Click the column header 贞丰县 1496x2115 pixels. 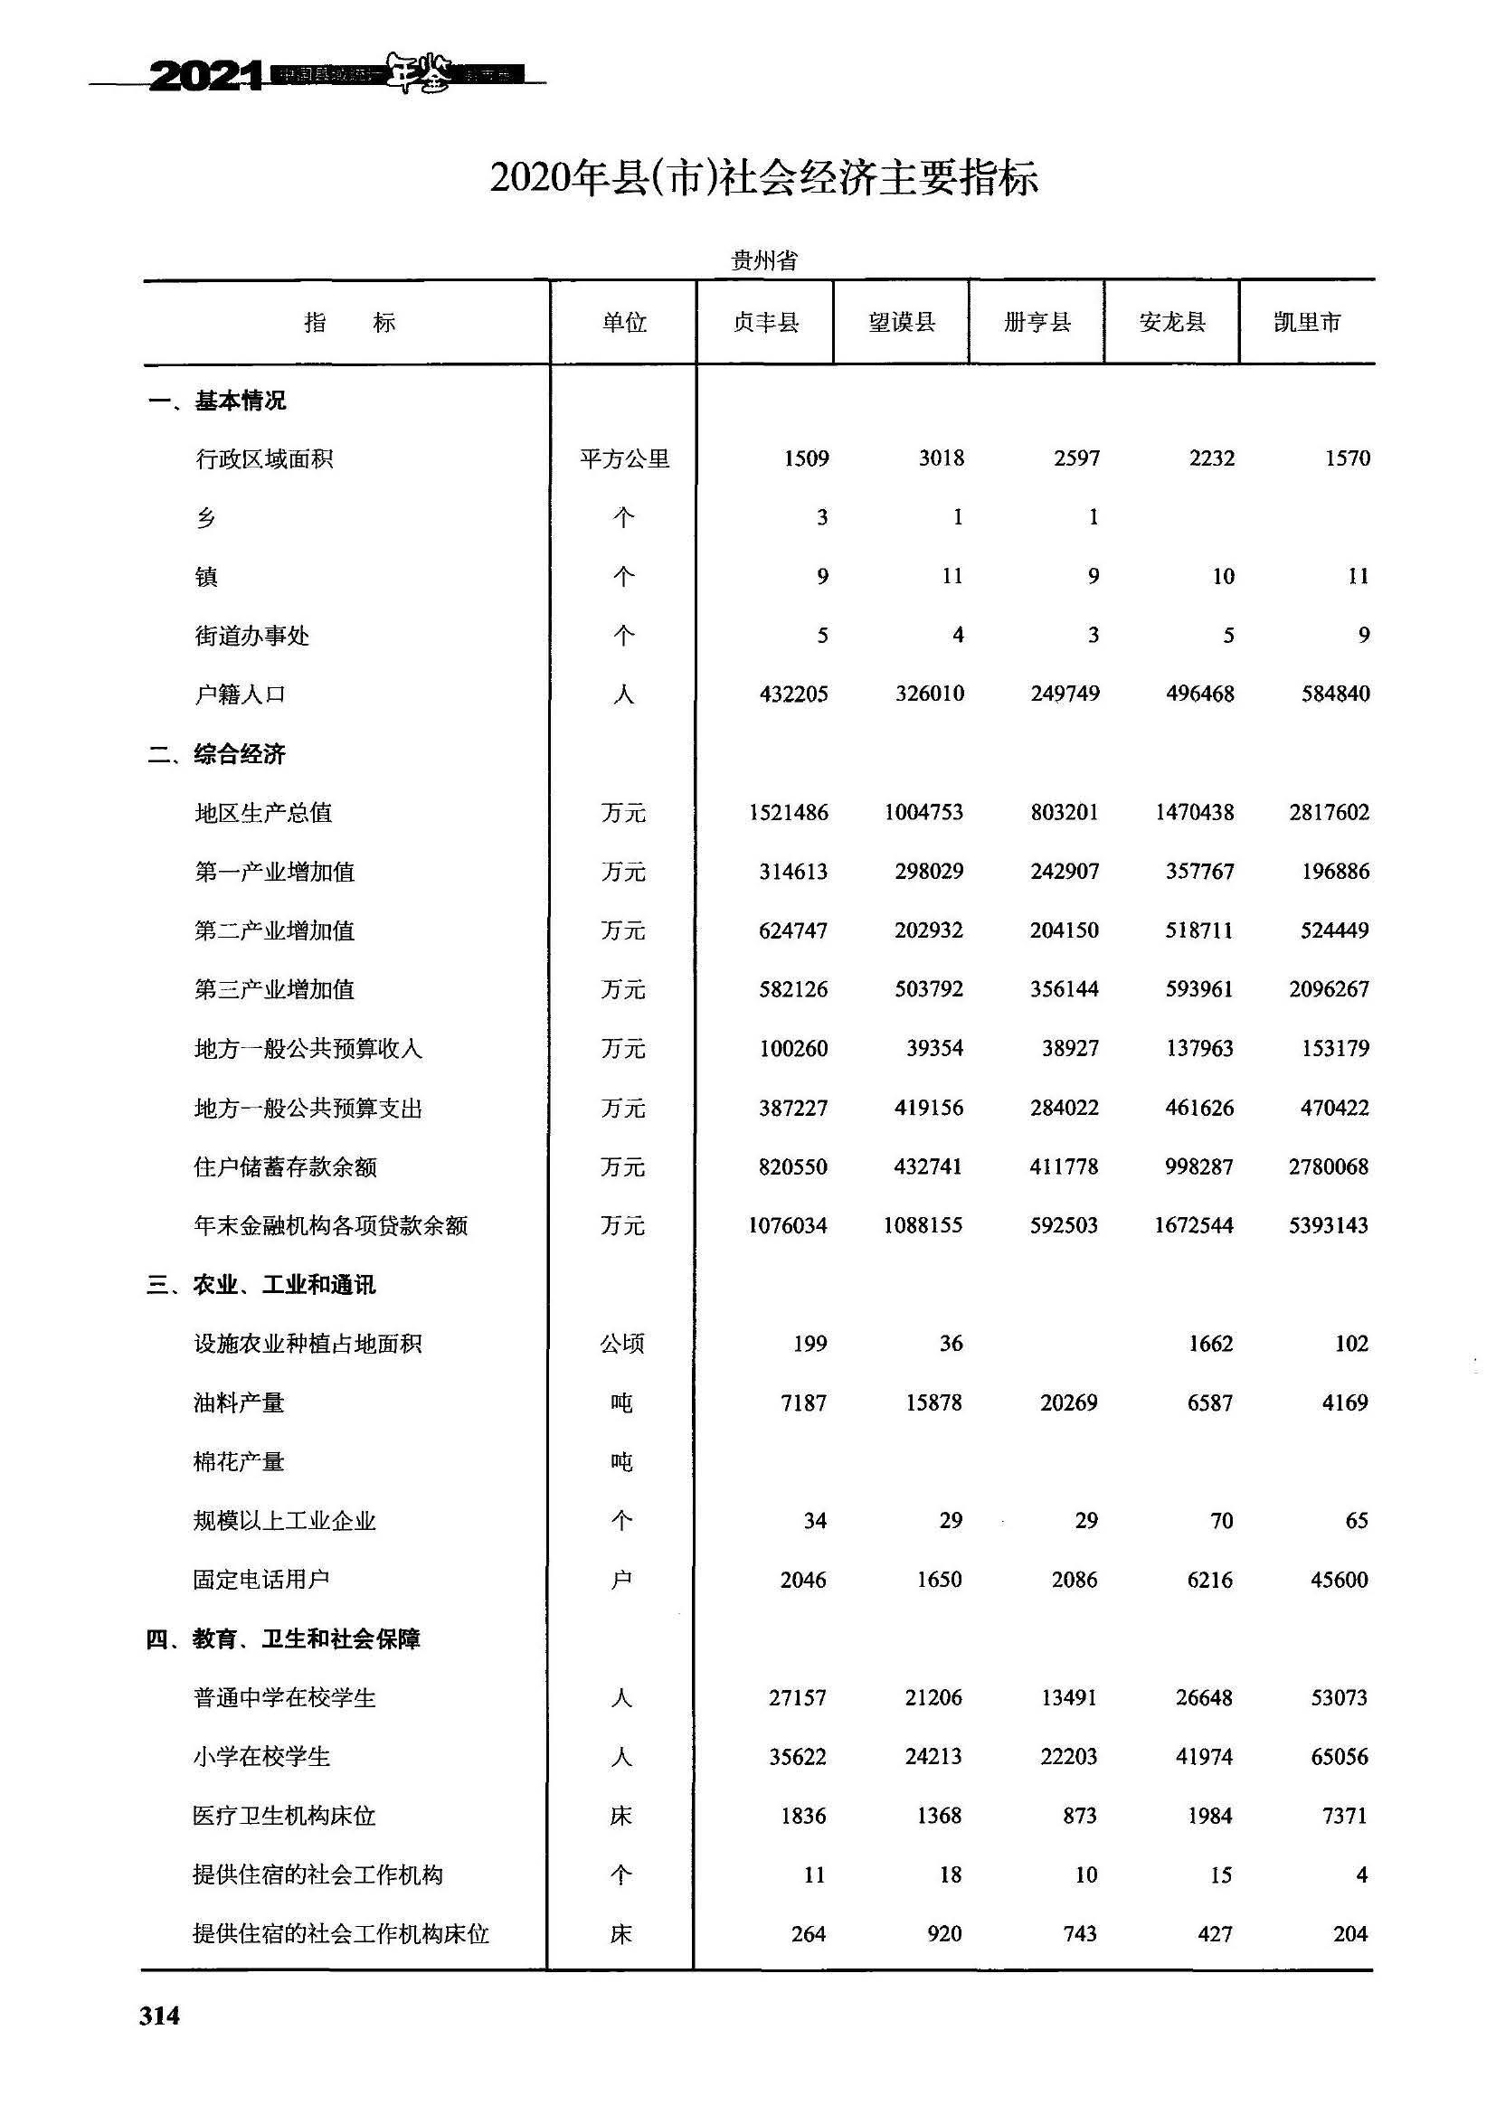pos(764,323)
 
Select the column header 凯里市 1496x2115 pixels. pos(1307,323)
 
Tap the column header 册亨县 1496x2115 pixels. pos(1037,323)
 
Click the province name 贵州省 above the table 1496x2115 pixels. pos(763,260)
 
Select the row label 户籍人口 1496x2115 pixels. pos(240,694)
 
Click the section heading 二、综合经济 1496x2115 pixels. pos(216,754)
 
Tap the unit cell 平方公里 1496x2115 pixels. pos(624,458)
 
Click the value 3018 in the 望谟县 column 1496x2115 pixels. pos(941,458)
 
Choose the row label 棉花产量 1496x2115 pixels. pos(239,1462)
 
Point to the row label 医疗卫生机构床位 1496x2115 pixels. pos(284,1816)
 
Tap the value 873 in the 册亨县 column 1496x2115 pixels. pos(1079,1816)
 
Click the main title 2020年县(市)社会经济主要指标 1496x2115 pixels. pos(763,178)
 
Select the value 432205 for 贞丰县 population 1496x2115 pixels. pos(793,694)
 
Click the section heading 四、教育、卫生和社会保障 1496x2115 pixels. pos(283,1638)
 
